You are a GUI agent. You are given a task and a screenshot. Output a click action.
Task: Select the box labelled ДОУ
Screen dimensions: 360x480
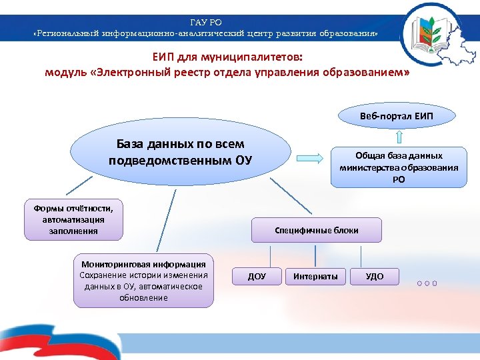257,277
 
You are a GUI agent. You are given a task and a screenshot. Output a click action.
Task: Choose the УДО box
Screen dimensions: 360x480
375,276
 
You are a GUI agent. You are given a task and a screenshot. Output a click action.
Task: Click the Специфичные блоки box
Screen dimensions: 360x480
317,230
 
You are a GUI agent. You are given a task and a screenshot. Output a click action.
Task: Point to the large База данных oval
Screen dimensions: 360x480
180,153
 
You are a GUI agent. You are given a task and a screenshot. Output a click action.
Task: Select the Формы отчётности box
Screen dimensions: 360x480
73,219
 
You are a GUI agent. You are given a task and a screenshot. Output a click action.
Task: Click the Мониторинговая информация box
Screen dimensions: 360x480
143,281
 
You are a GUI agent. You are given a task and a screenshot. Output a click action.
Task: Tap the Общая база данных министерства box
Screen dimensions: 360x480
399,167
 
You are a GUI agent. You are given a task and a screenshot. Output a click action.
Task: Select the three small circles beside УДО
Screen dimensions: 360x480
427,283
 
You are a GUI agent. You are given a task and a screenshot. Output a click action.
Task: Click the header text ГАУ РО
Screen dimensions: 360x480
206,23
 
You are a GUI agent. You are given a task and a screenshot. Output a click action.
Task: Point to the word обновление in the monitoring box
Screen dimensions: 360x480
143,297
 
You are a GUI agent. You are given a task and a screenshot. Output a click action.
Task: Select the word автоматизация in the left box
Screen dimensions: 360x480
73,219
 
